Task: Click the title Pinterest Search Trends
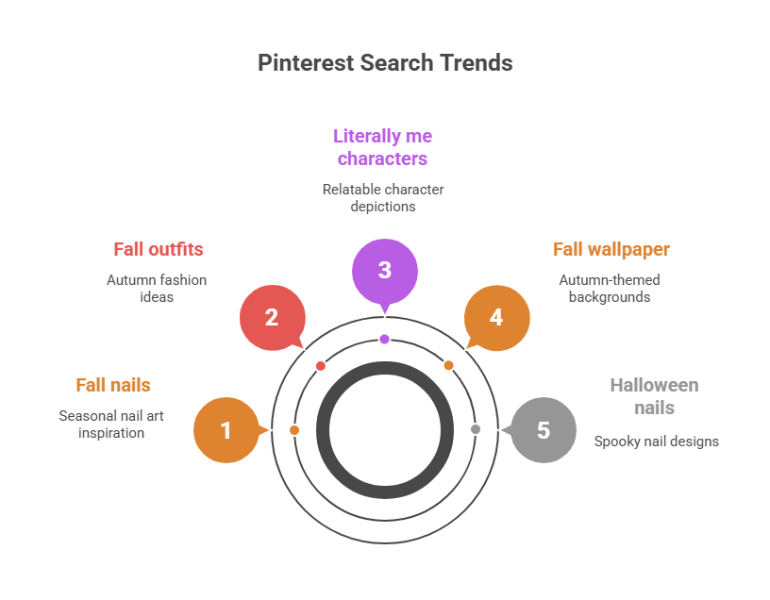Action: point(385,63)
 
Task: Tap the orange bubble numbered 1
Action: point(226,430)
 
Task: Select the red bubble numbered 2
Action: point(272,317)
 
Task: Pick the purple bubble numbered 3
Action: point(384,270)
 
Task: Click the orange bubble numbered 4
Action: point(496,317)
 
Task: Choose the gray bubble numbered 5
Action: point(544,430)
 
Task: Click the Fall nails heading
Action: point(113,385)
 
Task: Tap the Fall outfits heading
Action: point(159,249)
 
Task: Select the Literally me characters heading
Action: point(383,147)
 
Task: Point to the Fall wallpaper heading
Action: point(611,249)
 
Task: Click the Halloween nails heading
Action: point(654,396)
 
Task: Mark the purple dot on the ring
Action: point(384,339)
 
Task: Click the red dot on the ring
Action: point(321,365)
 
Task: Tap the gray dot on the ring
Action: point(476,429)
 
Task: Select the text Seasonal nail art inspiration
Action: point(111,424)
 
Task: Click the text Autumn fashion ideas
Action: point(157,288)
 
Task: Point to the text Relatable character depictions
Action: point(383,197)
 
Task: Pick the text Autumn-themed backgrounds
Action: point(609,288)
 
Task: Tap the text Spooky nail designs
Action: point(656,441)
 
